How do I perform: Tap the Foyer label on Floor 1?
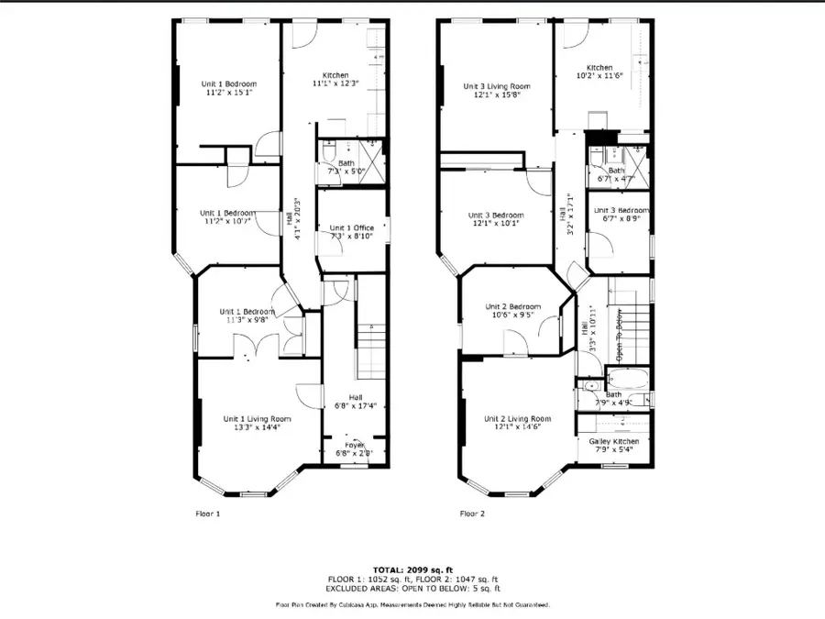353,445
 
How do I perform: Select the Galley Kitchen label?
614,441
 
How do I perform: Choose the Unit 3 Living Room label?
497,86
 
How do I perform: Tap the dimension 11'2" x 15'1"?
227,93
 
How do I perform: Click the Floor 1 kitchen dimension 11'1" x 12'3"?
334,83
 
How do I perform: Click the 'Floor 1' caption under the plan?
208,514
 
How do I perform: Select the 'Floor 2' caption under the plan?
472,514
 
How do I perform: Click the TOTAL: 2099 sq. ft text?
412,570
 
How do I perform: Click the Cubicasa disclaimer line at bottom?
412,604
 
